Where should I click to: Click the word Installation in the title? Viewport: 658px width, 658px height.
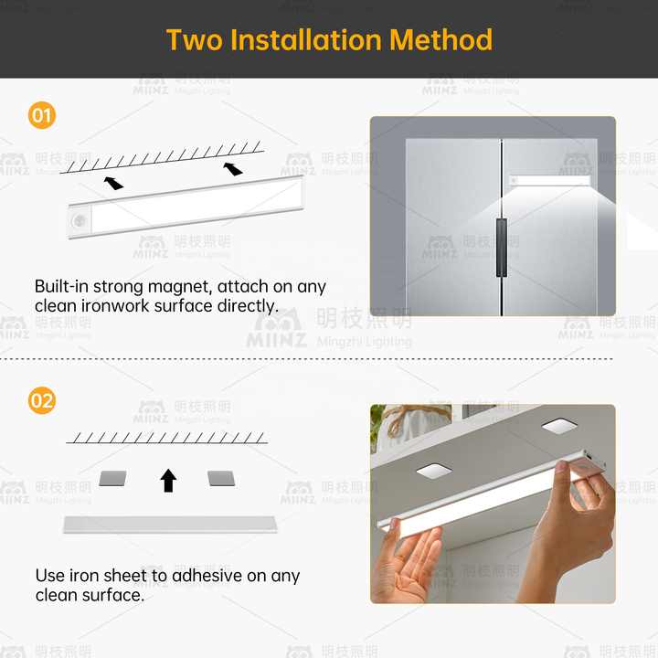click(x=306, y=40)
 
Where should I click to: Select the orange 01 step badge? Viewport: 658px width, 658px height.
click(x=42, y=116)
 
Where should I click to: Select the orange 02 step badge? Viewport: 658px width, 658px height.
click(x=42, y=400)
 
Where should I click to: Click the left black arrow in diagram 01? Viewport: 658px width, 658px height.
click(x=113, y=182)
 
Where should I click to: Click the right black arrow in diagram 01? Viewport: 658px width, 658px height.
click(x=234, y=168)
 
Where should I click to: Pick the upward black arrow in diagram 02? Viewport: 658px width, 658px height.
click(x=168, y=480)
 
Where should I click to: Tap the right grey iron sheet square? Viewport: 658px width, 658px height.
click(x=221, y=478)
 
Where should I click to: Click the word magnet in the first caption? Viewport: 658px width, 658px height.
click(x=181, y=287)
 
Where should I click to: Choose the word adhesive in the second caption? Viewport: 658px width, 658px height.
click(x=212, y=576)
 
